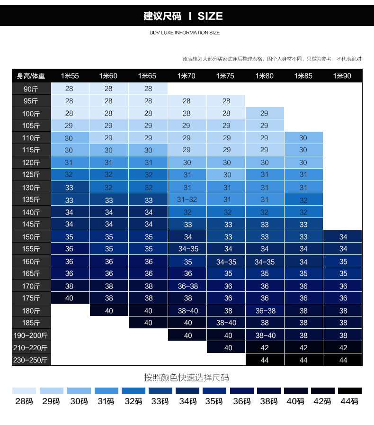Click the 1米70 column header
click(186, 76)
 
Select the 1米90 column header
click(342, 76)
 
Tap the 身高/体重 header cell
click(31, 76)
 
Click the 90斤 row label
click(31, 89)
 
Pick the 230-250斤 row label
click(31, 360)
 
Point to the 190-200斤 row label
click(31, 335)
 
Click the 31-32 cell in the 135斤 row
click(187, 200)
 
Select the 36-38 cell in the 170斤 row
click(187, 286)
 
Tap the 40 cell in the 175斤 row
click(69, 298)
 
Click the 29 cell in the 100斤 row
click(264, 113)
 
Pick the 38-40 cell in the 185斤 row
click(226, 323)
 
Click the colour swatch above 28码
click(24, 391)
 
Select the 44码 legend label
click(349, 401)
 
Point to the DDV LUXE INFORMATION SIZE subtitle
click(184, 33)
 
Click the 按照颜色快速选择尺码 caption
click(187, 378)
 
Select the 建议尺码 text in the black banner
click(162, 16)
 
